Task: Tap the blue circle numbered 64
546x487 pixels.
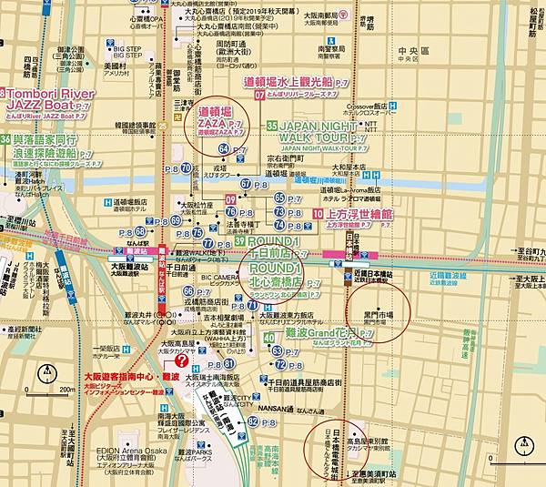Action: [x=225, y=148]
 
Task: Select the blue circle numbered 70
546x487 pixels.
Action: [x=186, y=167]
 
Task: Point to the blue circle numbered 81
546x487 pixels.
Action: [x=229, y=363]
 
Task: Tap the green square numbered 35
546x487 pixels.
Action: [x=272, y=125]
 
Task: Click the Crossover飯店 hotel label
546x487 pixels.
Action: [x=376, y=106]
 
